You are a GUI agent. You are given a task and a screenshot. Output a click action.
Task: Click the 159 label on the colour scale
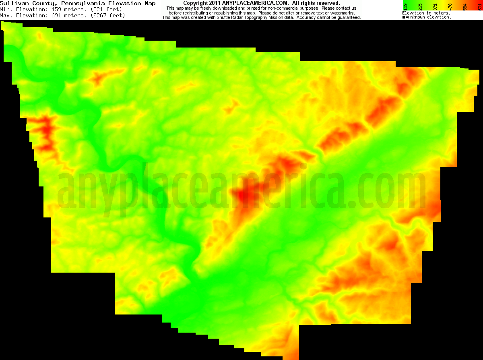click(x=405, y=6)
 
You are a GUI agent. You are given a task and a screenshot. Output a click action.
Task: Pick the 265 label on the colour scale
click(x=420, y=6)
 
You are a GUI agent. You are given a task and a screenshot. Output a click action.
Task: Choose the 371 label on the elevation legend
click(x=435, y=6)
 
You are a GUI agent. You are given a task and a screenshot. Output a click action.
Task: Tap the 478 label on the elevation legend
click(x=450, y=6)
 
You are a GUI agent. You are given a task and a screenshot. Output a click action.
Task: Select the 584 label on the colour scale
click(x=464, y=6)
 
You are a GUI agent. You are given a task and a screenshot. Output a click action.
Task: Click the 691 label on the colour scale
click(x=479, y=6)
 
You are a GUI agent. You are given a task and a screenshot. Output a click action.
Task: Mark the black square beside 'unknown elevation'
click(x=404, y=17)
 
